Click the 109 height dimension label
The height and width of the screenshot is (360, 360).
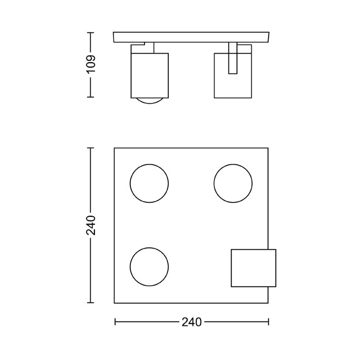tap(91, 65)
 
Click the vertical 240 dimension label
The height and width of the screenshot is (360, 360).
tap(91, 225)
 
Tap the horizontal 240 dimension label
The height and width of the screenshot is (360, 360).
tap(191, 322)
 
